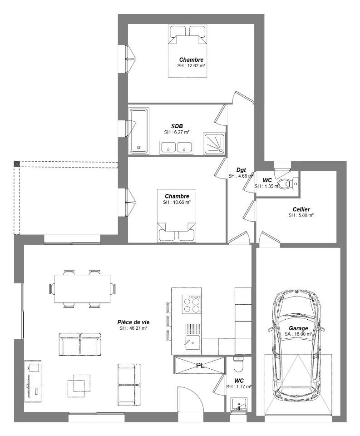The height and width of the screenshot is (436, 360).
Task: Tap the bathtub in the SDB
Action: (x=139, y=131)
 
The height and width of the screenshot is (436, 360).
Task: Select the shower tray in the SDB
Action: (x=214, y=143)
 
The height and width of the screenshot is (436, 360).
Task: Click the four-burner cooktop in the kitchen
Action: (x=192, y=304)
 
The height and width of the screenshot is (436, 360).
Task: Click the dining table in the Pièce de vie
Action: (x=82, y=289)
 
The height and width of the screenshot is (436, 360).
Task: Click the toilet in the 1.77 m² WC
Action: (x=238, y=365)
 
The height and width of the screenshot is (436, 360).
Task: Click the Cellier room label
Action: (x=301, y=209)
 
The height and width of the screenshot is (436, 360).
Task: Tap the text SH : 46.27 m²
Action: (x=133, y=328)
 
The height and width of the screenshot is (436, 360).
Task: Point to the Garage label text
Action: (x=298, y=328)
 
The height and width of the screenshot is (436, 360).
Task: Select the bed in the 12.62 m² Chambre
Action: (x=187, y=51)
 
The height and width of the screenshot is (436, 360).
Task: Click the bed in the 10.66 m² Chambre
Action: (x=177, y=216)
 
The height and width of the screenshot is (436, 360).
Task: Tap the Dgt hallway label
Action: (x=241, y=170)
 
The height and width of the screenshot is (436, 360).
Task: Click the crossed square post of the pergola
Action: (x=17, y=163)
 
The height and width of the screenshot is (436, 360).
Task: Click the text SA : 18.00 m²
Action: (x=298, y=334)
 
